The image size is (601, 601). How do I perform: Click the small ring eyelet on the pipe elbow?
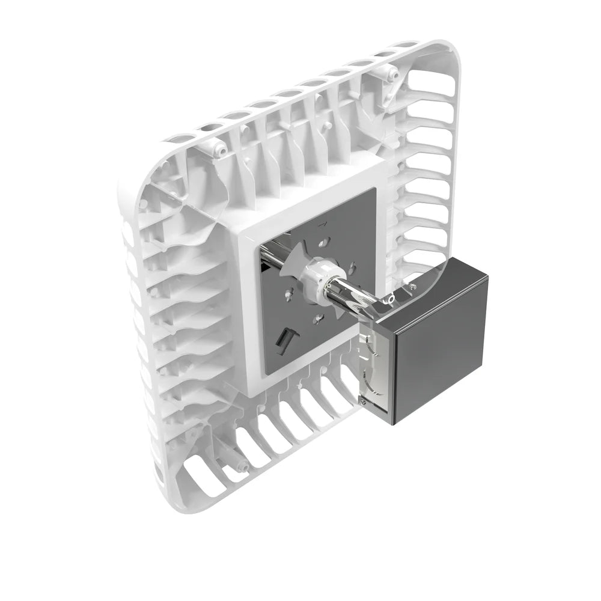pos(391,298)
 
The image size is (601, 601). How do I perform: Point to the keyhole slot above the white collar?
pos(325,242)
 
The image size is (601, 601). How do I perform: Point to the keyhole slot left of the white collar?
pos(290,294)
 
